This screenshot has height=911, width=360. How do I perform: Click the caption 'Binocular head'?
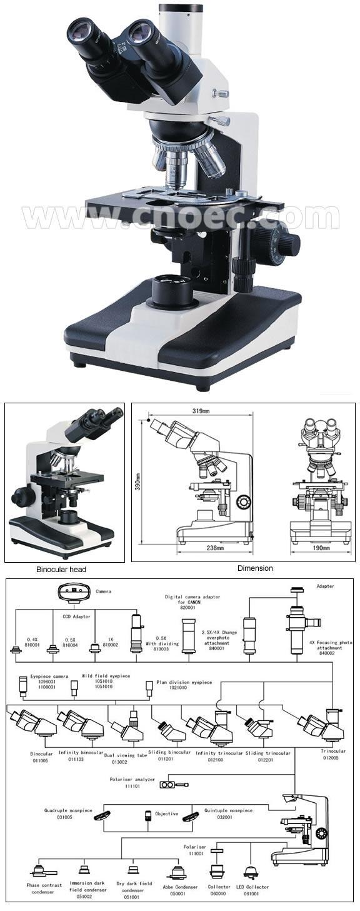pos(61,569)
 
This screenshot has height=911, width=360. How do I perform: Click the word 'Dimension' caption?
pos(255,568)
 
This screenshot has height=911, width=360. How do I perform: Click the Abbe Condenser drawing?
pos(181,870)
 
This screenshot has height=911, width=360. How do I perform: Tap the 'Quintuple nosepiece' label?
pos(229,810)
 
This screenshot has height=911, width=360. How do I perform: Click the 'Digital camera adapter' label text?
pos(194,597)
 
